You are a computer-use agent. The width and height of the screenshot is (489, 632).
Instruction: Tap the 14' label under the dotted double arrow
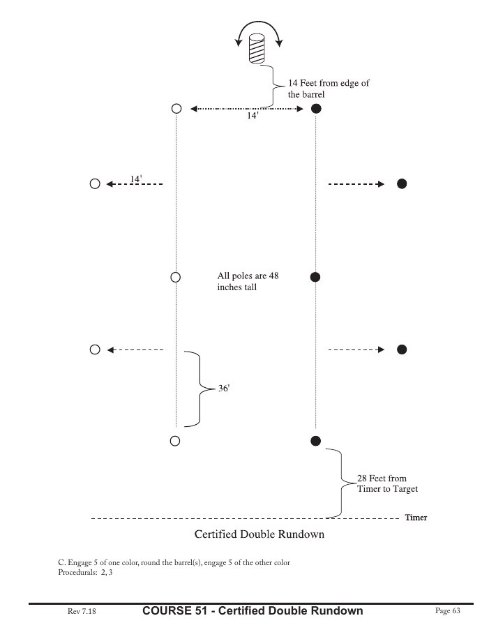point(253,117)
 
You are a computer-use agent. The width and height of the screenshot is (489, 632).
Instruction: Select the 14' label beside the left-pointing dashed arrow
point(136,179)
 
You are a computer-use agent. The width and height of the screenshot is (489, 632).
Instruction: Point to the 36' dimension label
point(224,388)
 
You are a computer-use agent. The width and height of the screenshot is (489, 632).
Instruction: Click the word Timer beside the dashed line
point(416,518)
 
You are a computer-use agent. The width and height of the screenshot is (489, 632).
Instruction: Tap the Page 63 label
point(448,611)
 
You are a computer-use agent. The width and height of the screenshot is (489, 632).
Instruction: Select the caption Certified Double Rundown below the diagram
point(259,536)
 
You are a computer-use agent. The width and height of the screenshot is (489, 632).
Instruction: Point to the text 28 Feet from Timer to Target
point(387,483)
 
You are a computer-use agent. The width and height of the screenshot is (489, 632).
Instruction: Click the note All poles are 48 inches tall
point(248,281)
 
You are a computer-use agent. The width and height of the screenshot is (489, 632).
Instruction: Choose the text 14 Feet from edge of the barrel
point(328,89)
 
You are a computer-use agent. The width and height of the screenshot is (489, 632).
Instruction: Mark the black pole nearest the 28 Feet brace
point(315,440)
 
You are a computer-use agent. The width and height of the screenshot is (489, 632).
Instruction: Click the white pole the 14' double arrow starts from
point(176,109)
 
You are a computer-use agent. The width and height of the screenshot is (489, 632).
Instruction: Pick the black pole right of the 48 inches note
point(315,277)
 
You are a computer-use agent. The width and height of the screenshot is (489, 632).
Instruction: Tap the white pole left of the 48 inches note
point(176,277)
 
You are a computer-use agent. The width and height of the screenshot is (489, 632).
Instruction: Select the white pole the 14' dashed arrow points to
point(95,184)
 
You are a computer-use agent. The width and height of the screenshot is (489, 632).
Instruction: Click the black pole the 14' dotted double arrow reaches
point(315,109)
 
